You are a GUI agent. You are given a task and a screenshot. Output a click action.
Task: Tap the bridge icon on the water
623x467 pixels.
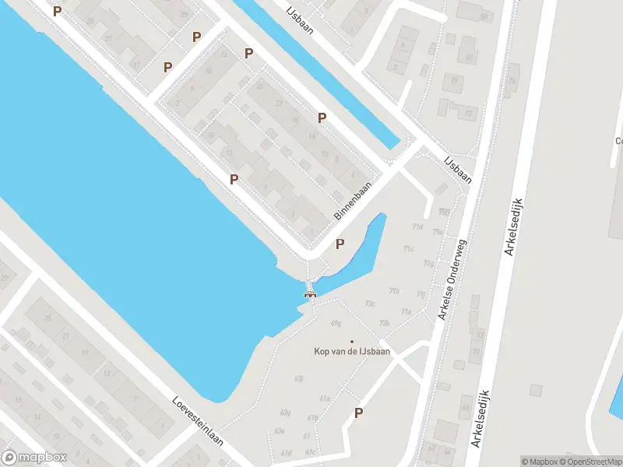(x=311, y=293)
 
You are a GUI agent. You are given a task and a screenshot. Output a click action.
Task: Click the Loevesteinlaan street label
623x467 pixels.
(x=198, y=423)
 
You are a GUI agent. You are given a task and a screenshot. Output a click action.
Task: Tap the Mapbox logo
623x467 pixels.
(x=34, y=458)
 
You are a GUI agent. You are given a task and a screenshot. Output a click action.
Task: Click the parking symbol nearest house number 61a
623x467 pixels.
(x=358, y=413)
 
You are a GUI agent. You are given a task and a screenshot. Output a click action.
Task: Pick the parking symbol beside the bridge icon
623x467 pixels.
(x=340, y=244)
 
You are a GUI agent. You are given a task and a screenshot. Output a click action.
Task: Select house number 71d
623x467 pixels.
(x=418, y=227)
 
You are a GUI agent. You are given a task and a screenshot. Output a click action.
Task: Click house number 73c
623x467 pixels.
(x=371, y=304)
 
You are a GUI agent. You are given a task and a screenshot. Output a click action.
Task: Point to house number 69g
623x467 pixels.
(x=336, y=322)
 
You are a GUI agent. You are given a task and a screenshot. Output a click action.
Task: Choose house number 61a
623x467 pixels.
(x=326, y=398)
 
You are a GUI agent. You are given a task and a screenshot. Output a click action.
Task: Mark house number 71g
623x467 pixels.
(x=429, y=264)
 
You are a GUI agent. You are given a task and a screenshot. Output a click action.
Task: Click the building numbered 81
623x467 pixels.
(x=470, y=58)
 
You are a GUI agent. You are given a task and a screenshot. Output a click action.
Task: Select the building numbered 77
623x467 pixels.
(x=468, y=114)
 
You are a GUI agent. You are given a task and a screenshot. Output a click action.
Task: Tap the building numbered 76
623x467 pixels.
(x=512, y=81)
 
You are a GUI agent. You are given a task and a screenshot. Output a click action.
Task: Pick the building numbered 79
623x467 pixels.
(x=452, y=81)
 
